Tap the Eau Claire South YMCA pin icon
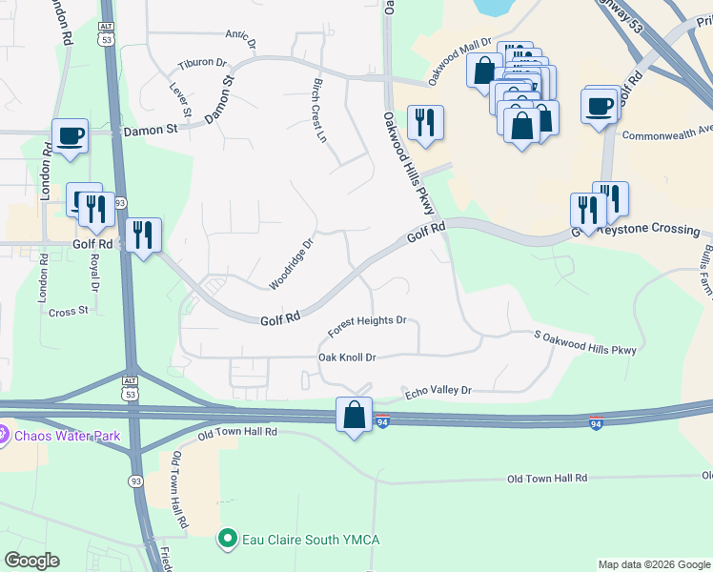click(227, 540)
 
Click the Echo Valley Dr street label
click(438, 391)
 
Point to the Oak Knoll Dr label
click(347, 357)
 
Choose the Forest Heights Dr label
click(367, 327)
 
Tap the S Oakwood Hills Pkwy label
click(584, 342)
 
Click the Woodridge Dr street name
click(291, 264)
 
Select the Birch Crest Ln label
click(319, 111)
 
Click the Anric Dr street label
click(240, 38)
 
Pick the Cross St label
click(68, 311)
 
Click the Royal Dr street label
click(93, 272)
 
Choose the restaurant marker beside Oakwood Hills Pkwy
click(424, 122)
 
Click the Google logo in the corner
click(31, 561)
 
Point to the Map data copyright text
click(653, 564)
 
